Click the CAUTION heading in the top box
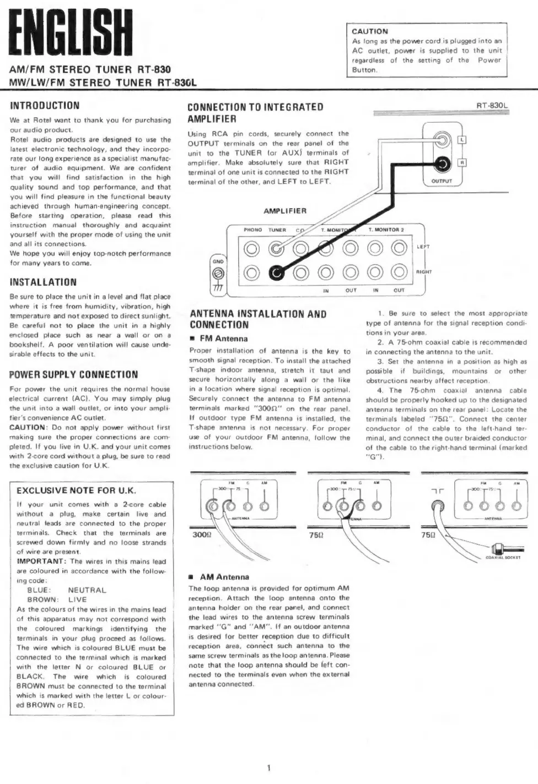(370, 31)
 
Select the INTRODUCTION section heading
(45, 105)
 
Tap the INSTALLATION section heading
(43, 282)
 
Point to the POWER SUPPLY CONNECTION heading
(74, 374)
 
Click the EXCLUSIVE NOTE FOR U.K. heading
(76, 491)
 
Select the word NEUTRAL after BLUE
(87, 590)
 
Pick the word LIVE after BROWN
(78, 599)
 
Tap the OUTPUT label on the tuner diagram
(442, 181)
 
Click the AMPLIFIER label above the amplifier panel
(285, 211)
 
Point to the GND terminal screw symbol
(218, 274)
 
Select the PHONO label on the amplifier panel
(252, 230)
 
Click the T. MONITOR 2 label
(386, 230)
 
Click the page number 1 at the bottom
(268, 767)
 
